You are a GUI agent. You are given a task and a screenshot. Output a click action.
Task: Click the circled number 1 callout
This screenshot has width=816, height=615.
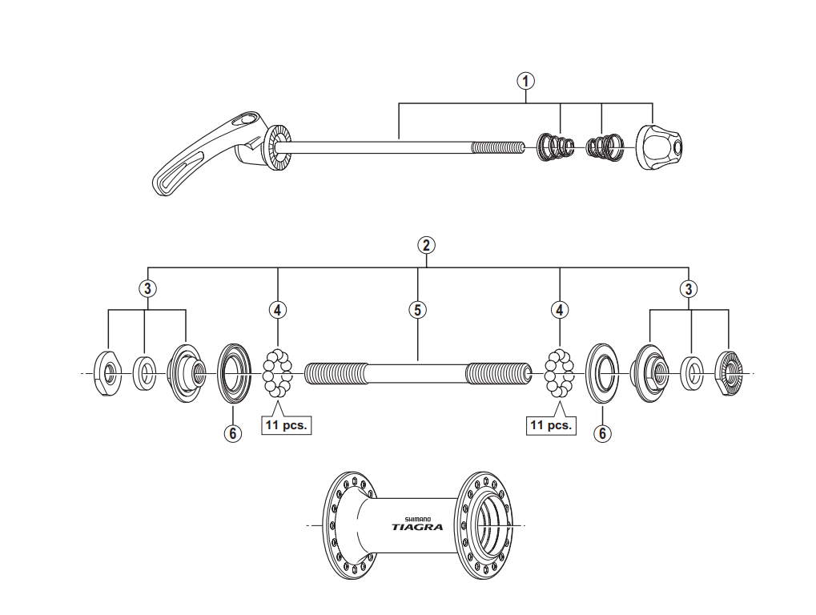[525, 80]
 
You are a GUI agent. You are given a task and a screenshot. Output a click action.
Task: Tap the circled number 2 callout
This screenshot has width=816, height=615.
[427, 245]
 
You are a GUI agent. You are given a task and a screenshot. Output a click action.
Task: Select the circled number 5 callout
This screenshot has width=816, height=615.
[417, 309]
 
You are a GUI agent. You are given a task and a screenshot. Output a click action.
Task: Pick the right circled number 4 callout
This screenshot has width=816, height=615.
[559, 309]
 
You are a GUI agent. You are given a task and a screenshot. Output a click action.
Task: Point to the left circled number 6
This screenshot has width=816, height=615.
[232, 432]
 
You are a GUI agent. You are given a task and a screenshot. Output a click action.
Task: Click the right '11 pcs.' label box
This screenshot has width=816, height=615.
[551, 425]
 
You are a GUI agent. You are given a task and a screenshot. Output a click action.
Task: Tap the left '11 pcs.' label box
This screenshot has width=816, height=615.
[286, 425]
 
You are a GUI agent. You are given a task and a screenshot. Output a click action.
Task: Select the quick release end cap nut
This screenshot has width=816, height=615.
[658, 147]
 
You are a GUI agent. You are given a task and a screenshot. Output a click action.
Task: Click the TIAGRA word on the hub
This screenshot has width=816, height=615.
[416, 527]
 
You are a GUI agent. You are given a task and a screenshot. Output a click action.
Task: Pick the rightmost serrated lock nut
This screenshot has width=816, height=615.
[729, 372]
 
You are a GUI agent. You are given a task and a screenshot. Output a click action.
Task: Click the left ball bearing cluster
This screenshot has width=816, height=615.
[278, 373]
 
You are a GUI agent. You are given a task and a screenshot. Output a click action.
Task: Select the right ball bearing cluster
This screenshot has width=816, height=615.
[560, 373]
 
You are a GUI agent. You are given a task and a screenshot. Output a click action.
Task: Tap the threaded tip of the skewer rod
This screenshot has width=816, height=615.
[496, 147]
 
